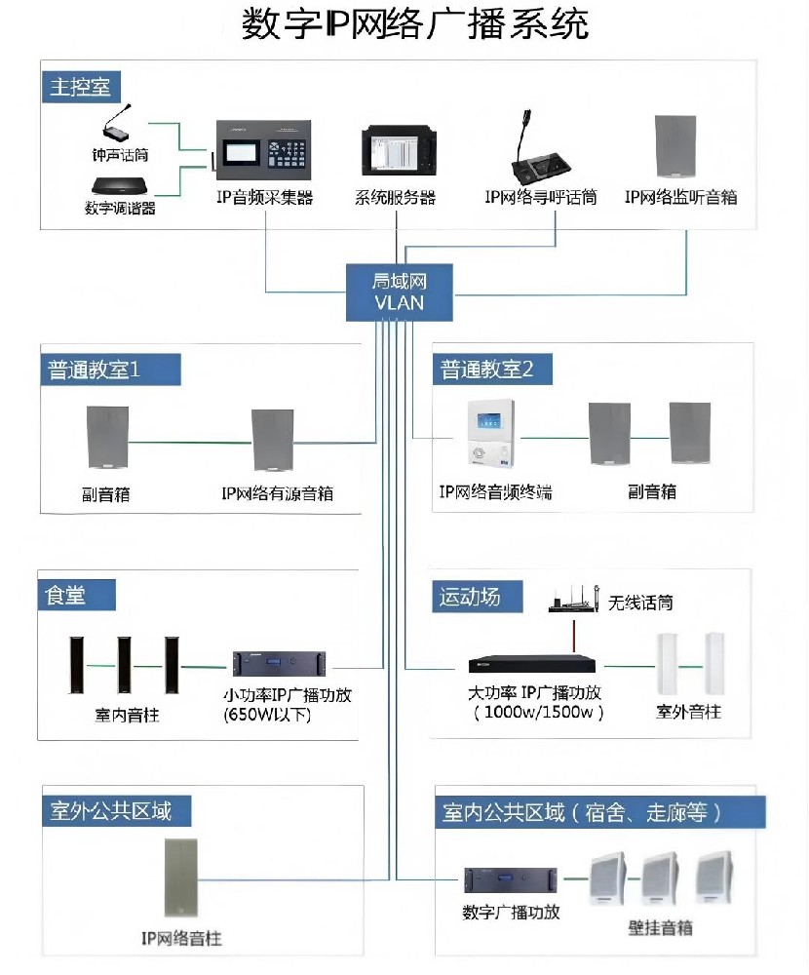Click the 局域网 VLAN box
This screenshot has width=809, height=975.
tap(400, 292)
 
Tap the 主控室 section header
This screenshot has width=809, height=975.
tap(81, 87)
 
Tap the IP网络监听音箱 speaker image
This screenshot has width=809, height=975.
tap(680, 148)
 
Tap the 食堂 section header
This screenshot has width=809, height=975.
tap(66, 594)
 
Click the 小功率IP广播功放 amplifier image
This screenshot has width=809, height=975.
tap(279, 664)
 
